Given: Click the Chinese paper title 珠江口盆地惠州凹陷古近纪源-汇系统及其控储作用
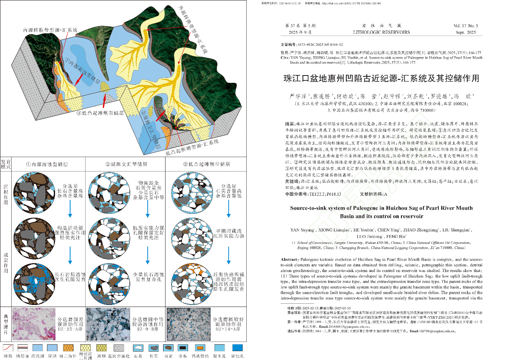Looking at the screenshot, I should [381, 78].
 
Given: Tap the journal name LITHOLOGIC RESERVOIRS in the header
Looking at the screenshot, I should [381, 32].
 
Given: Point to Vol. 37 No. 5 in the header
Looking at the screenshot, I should [465, 26].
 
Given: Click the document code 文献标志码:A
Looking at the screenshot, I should [374, 194].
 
